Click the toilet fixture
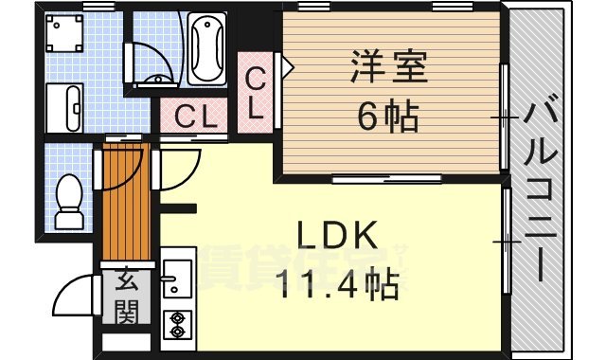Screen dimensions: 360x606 [69, 201]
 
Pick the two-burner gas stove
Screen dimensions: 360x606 [175, 325]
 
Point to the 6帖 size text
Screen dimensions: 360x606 [388, 117]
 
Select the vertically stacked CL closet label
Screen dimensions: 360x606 [256, 92]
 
